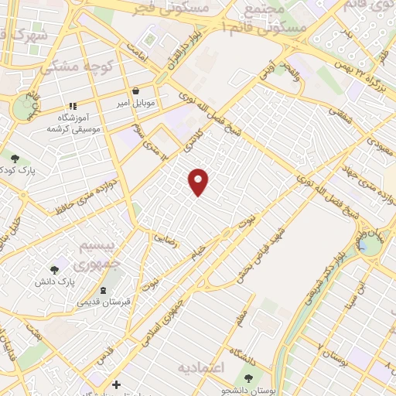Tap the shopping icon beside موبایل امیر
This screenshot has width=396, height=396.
pyautogui.click(x=136, y=90)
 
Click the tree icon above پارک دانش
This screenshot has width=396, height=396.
pyautogui.click(x=54, y=270)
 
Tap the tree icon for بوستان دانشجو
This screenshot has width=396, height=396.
pyautogui.click(x=247, y=378)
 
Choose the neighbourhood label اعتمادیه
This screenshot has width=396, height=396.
pyautogui.click(x=200, y=366)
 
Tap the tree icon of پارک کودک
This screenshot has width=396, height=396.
pyautogui.click(x=15, y=158)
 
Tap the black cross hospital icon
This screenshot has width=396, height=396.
pyautogui.click(x=116, y=384)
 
